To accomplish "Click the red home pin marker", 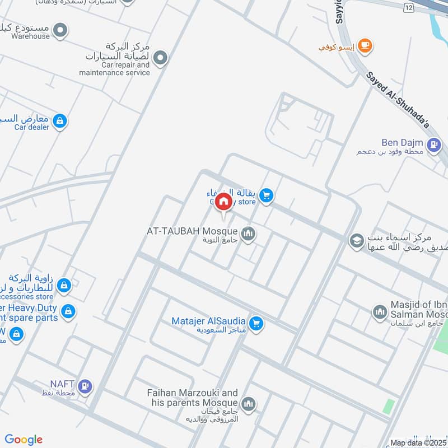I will tap(223, 200).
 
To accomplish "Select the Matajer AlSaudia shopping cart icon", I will tap(256, 324).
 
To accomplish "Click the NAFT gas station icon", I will tap(86, 385).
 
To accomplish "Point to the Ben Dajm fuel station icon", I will tap(433, 146).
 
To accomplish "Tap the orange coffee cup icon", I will tap(365, 46).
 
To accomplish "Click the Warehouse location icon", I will tap(60, 30).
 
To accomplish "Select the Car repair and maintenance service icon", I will tap(161, 58).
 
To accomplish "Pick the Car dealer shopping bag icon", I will tap(60, 120).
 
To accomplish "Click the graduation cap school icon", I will tap(356, 241).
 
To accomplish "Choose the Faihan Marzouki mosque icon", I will tap(248, 403).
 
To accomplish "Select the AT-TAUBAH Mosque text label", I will tap(193, 231).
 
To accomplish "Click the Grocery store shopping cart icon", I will tap(267, 195).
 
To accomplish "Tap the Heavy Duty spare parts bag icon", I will tap(68, 311).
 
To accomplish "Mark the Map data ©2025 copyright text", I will tap(417, 443).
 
